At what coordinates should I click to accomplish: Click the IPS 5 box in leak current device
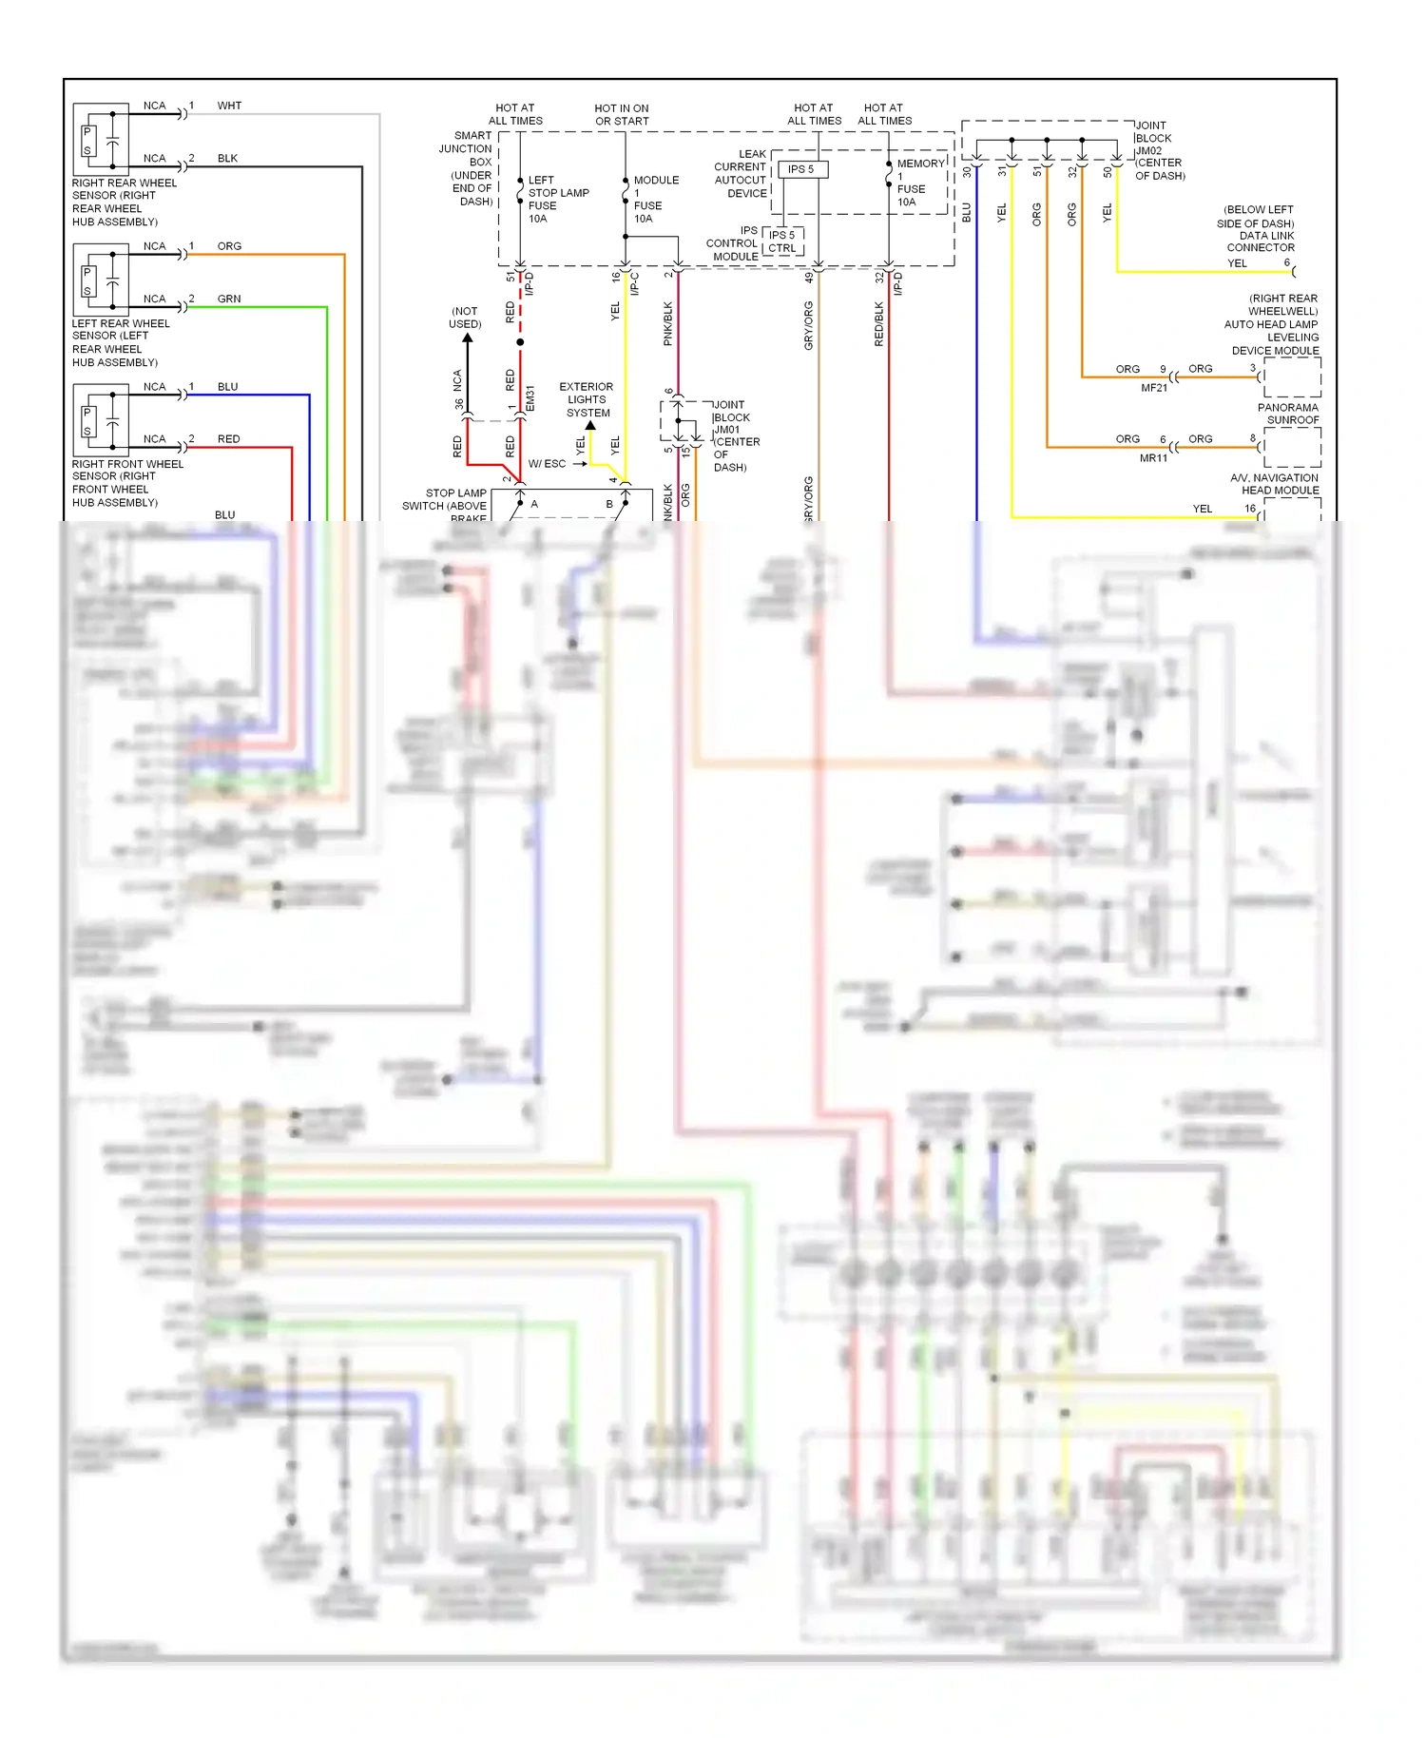coord(801,169)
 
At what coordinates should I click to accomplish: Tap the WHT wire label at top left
coord(229,106)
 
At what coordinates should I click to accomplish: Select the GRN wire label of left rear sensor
coord(229,299)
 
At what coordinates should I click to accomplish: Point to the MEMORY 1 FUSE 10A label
coord(917,183)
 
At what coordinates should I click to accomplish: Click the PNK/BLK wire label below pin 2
coord(668,324)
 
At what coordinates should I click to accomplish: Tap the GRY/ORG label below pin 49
coord(809,325)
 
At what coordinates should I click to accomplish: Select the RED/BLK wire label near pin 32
coord(879,324)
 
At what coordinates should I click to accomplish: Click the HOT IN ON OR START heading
coord(622,115)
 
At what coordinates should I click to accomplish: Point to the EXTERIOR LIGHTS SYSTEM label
coord(587,399)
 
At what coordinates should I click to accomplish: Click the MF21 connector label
coord(1153,388)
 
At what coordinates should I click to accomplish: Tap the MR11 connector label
coord(1153,458)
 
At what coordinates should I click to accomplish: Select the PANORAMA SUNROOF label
coord(1288,414)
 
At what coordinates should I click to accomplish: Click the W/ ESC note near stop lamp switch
coord(547,464)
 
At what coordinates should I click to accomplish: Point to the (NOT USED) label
coord(465,318)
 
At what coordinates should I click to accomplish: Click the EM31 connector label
coord(530,398)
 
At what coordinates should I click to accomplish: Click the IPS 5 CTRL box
coord(782,241)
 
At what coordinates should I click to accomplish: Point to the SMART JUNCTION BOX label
coord(469,168)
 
